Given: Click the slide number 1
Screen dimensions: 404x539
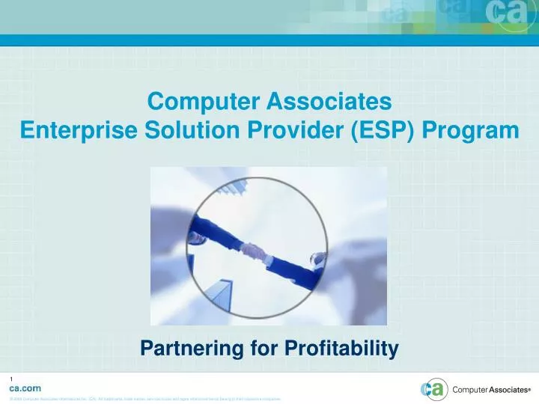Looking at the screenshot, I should (x=11, y=378).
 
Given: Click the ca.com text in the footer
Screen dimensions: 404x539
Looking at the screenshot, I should (x=25, y=388).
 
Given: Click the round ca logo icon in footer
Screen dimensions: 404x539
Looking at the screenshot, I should (x=434, y=389).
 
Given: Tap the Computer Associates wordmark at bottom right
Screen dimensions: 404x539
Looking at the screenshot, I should (x=490, y=390).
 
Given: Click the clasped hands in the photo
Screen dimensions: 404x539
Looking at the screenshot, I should (x=257, y=251).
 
